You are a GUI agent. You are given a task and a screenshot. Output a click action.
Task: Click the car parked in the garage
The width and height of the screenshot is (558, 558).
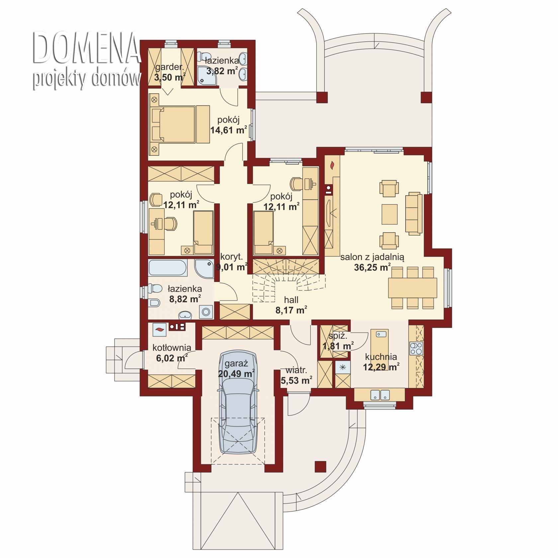(x=238, y=402)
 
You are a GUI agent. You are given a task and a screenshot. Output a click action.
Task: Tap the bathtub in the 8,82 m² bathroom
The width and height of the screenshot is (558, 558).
(x=168, y=268)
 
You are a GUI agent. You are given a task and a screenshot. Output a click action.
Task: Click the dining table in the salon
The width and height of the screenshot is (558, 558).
(x=413, y=288)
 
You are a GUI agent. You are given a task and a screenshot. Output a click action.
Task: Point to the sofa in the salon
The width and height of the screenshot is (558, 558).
(x=414, y=213)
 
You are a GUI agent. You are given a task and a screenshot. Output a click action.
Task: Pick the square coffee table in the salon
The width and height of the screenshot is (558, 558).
(x=389, y=214)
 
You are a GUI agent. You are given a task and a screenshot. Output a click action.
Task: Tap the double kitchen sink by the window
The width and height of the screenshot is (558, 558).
(x=380, y=395)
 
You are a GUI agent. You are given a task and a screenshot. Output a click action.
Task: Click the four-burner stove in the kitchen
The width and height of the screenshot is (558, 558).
(x=416, y=348)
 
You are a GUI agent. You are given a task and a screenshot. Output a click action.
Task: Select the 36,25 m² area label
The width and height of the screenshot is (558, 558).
(x=372, y=267)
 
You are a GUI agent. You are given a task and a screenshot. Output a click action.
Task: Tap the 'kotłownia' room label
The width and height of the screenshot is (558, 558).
(x=172, y=348)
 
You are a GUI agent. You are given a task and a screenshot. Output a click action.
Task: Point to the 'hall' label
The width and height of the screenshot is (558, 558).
(x=291, y=300)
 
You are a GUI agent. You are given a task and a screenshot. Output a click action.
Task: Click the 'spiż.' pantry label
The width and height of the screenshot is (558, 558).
(x=338, y=336)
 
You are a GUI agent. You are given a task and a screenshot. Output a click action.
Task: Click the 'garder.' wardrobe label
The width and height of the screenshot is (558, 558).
(x=169, y=67)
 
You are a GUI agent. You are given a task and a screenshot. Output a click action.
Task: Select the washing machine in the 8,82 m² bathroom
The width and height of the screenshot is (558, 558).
(x=206, y=312)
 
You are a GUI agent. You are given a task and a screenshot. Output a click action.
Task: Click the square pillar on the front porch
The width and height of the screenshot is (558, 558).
(x=321, y=467)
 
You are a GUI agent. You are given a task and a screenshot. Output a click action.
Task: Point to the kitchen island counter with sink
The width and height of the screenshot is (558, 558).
(x=380, y=349)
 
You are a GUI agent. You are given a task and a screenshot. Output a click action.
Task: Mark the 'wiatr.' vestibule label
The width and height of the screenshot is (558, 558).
(x=296, y=370)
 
